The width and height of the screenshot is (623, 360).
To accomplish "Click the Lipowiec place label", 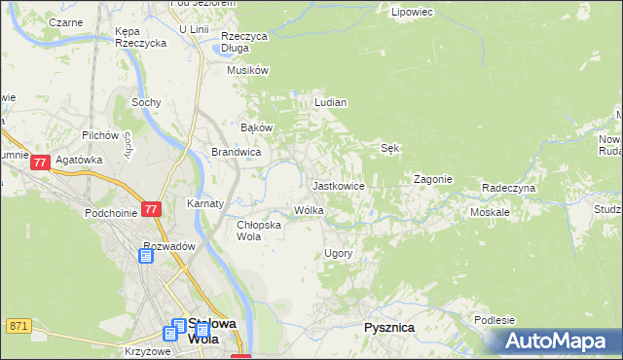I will point(411,13).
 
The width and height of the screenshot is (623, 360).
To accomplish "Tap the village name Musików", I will point(247,70).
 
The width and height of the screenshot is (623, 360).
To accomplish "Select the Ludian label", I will point(331,101).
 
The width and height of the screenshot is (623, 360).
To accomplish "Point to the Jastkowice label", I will point(338,185).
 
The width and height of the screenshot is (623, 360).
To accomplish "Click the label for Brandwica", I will point(236,152).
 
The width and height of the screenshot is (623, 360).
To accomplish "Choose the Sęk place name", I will point(391,148).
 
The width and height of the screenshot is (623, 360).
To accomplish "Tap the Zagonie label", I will point(432,179).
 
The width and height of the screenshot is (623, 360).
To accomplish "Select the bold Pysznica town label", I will point(389,328).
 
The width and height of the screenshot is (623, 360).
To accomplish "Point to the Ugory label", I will point(337,253).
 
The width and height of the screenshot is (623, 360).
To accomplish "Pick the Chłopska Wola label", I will point(259,230).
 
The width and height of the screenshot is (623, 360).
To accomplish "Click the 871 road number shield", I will point(18,325).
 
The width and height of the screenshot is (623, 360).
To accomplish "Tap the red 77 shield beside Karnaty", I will point(150,209).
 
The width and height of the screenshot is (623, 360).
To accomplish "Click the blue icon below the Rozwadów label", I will point(146,256).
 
